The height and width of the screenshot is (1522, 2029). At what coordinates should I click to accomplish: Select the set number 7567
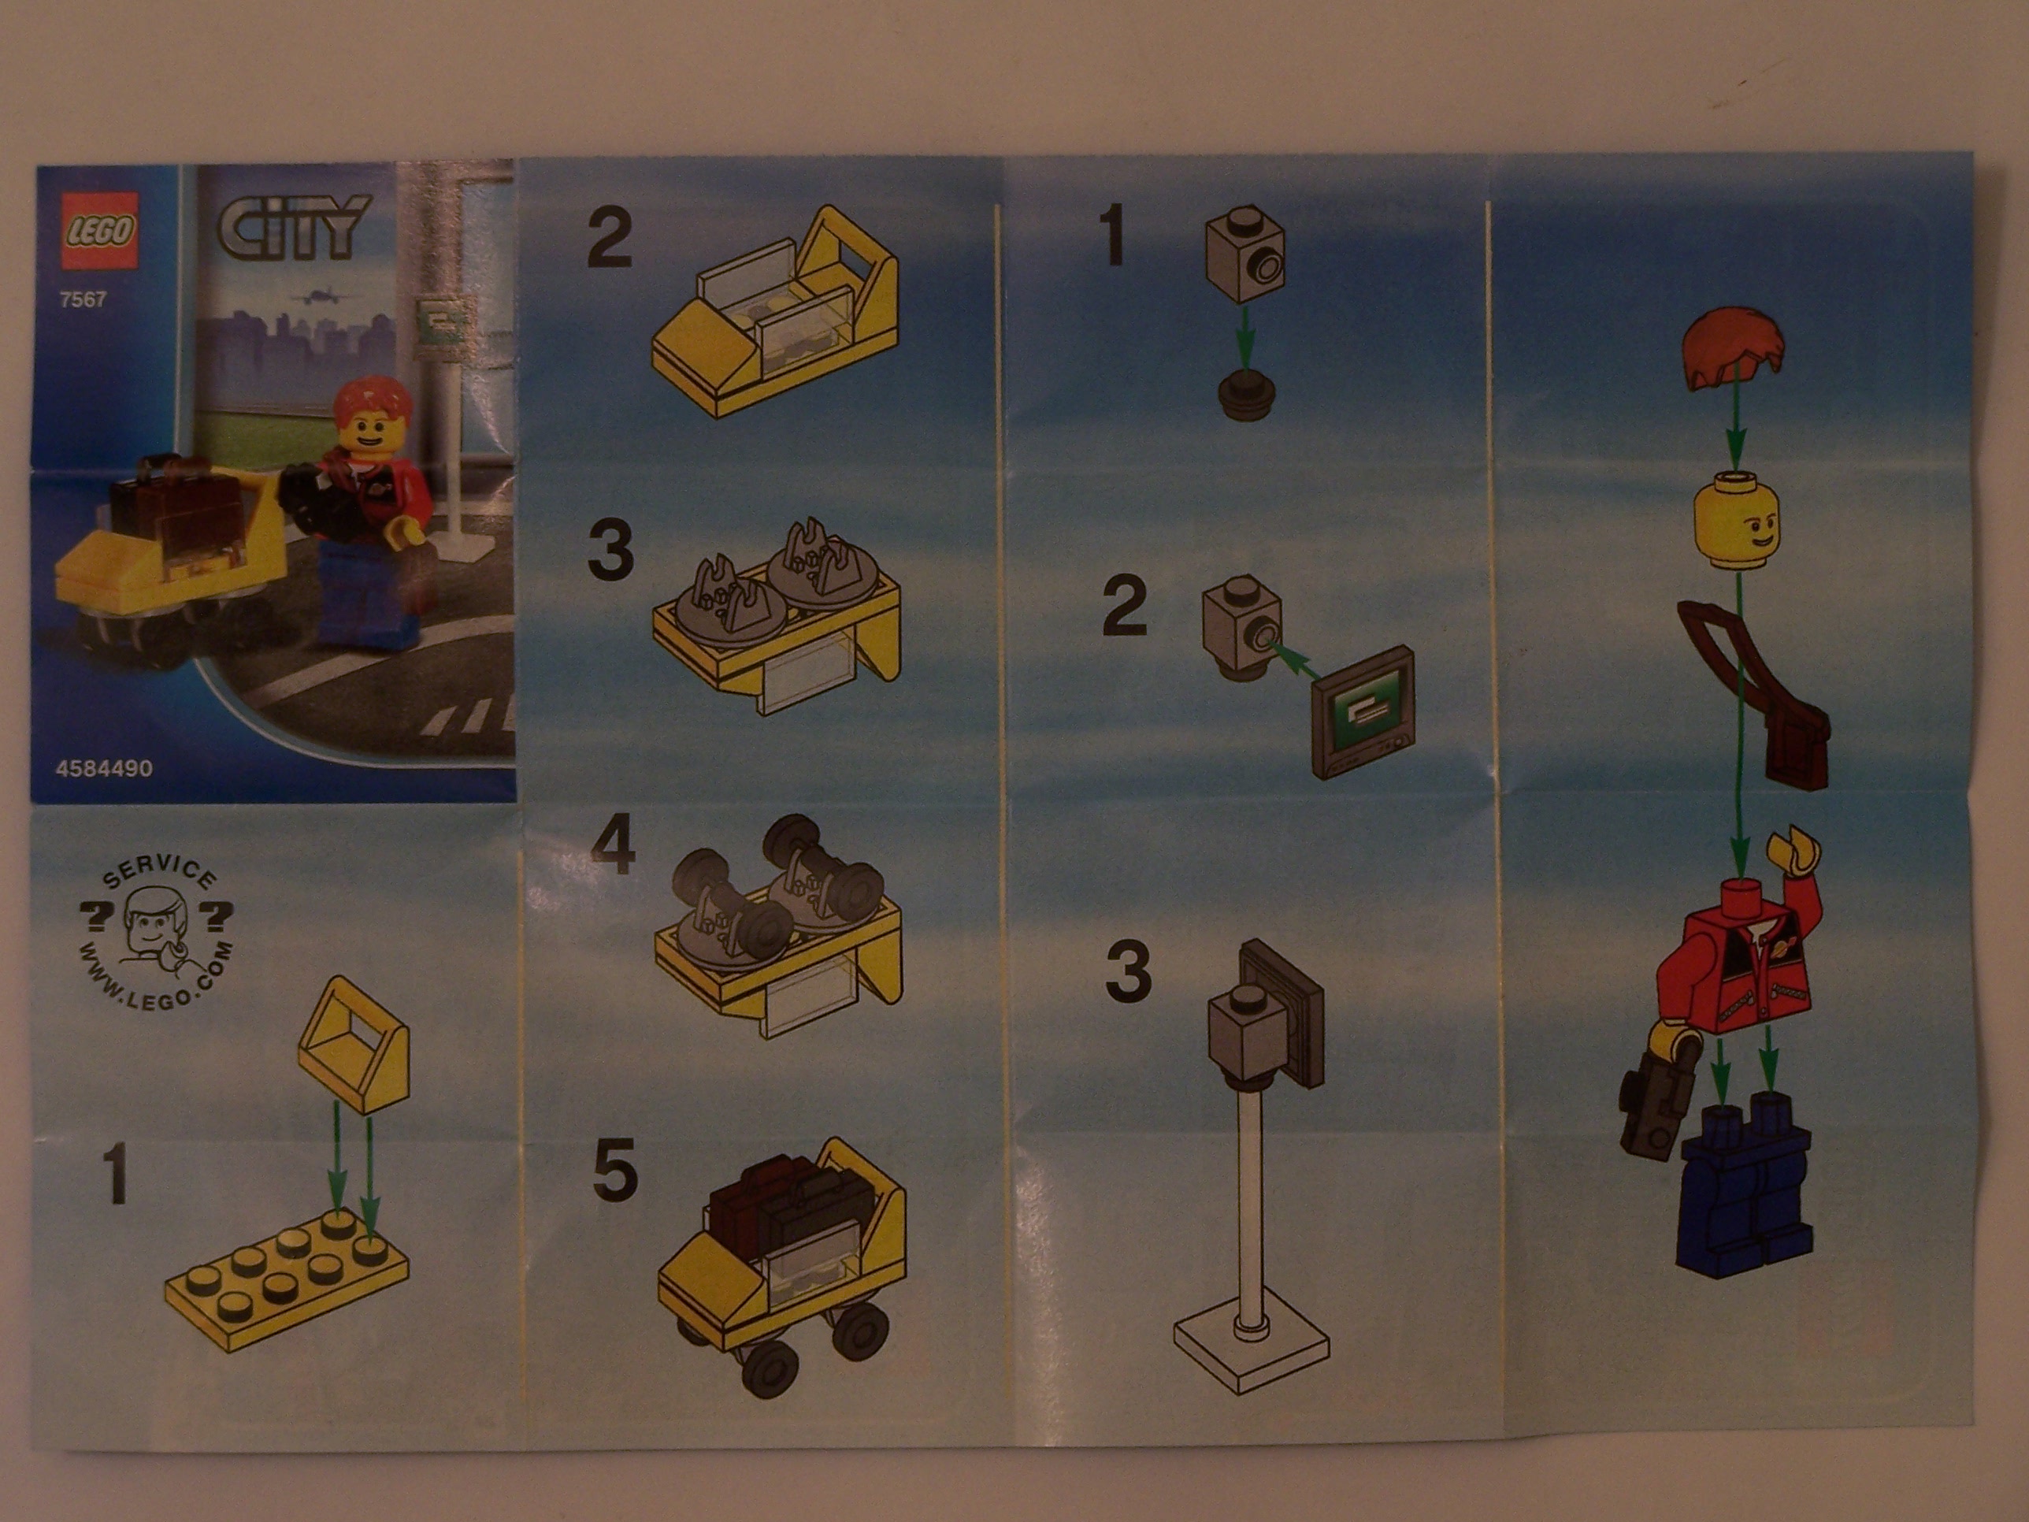[x=83, y=299]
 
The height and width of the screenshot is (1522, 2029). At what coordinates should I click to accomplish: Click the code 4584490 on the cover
[x=104, y=769]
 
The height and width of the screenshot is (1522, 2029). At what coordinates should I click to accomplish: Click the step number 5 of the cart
[x=614, y=1171]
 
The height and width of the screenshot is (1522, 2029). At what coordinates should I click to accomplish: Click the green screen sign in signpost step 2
[x=1365, y=713]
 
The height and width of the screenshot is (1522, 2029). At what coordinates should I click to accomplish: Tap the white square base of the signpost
[x=1251, y=1354]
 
